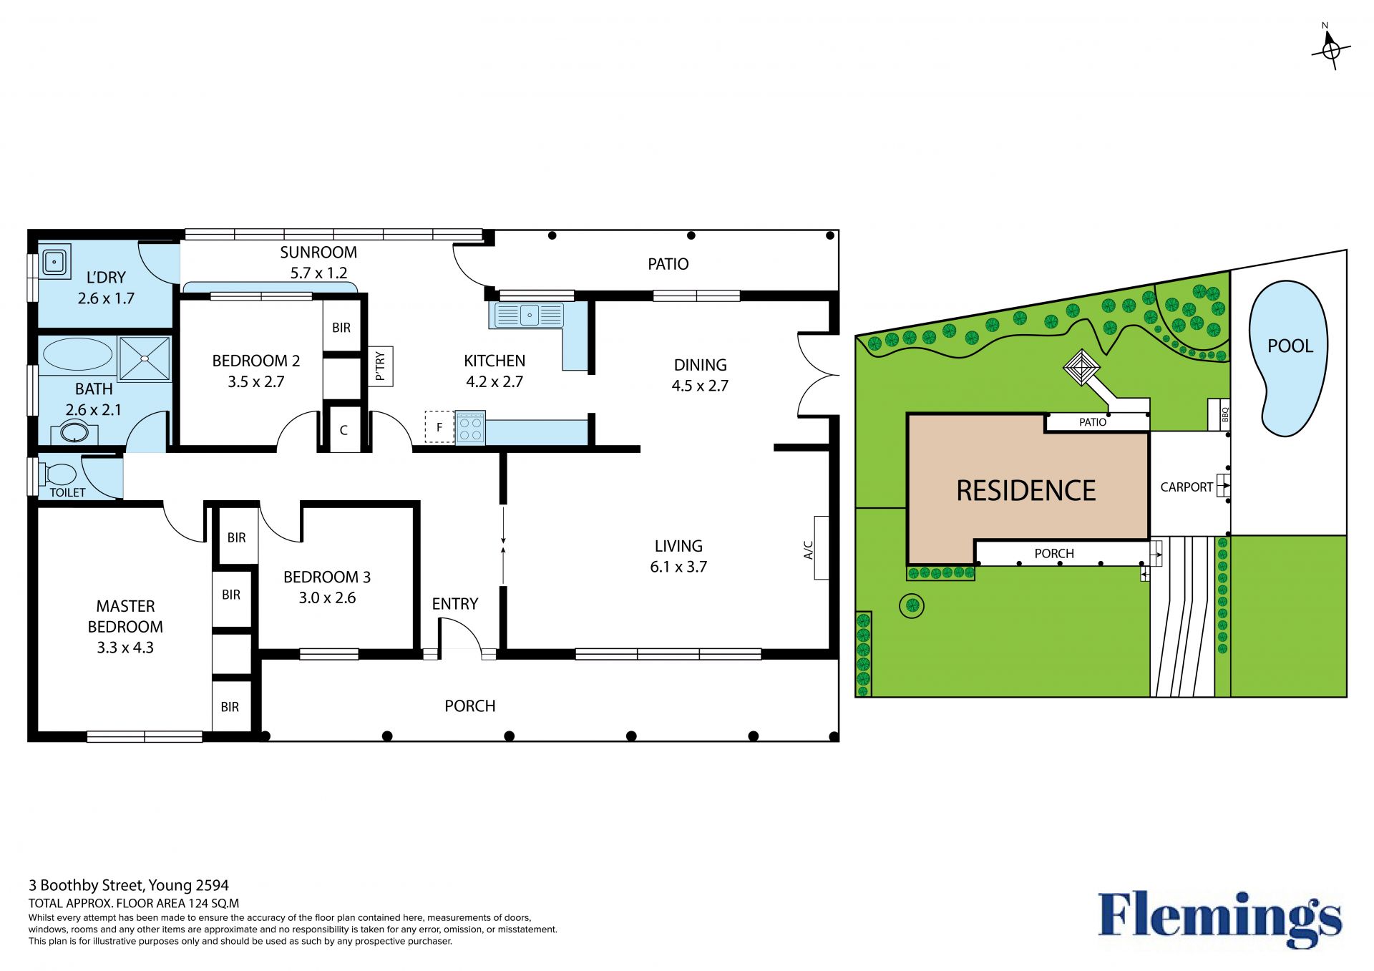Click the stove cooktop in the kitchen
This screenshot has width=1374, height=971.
[470, 428]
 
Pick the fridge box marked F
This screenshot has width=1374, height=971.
[439, 427]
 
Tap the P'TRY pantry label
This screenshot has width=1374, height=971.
[380, 366]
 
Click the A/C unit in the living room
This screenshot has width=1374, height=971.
[821, 547]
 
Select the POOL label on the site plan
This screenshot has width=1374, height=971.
[1290, 346]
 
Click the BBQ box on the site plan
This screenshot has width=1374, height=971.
[1219, 415]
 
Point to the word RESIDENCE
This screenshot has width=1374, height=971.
[1026, 491]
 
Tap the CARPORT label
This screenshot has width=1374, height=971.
[1187, 487]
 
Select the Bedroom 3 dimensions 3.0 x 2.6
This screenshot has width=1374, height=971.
[327, 597]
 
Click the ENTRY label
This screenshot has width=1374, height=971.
[455, 604]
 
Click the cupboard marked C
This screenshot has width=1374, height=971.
[344, 429]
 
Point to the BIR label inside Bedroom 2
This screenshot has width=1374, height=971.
[341, 328]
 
